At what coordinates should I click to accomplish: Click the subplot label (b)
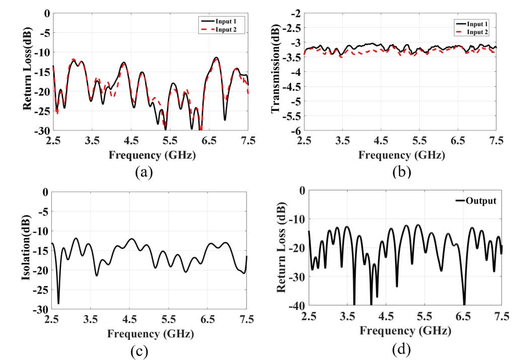click(402, 172)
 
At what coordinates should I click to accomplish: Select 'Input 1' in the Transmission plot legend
click(476, 24)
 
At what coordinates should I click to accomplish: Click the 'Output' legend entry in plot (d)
click(481, 201)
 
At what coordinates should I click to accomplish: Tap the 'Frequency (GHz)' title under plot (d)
click(405, 331)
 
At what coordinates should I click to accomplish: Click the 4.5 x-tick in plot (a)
click(130, 140)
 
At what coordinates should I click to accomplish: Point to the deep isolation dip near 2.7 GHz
click(58, 303)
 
